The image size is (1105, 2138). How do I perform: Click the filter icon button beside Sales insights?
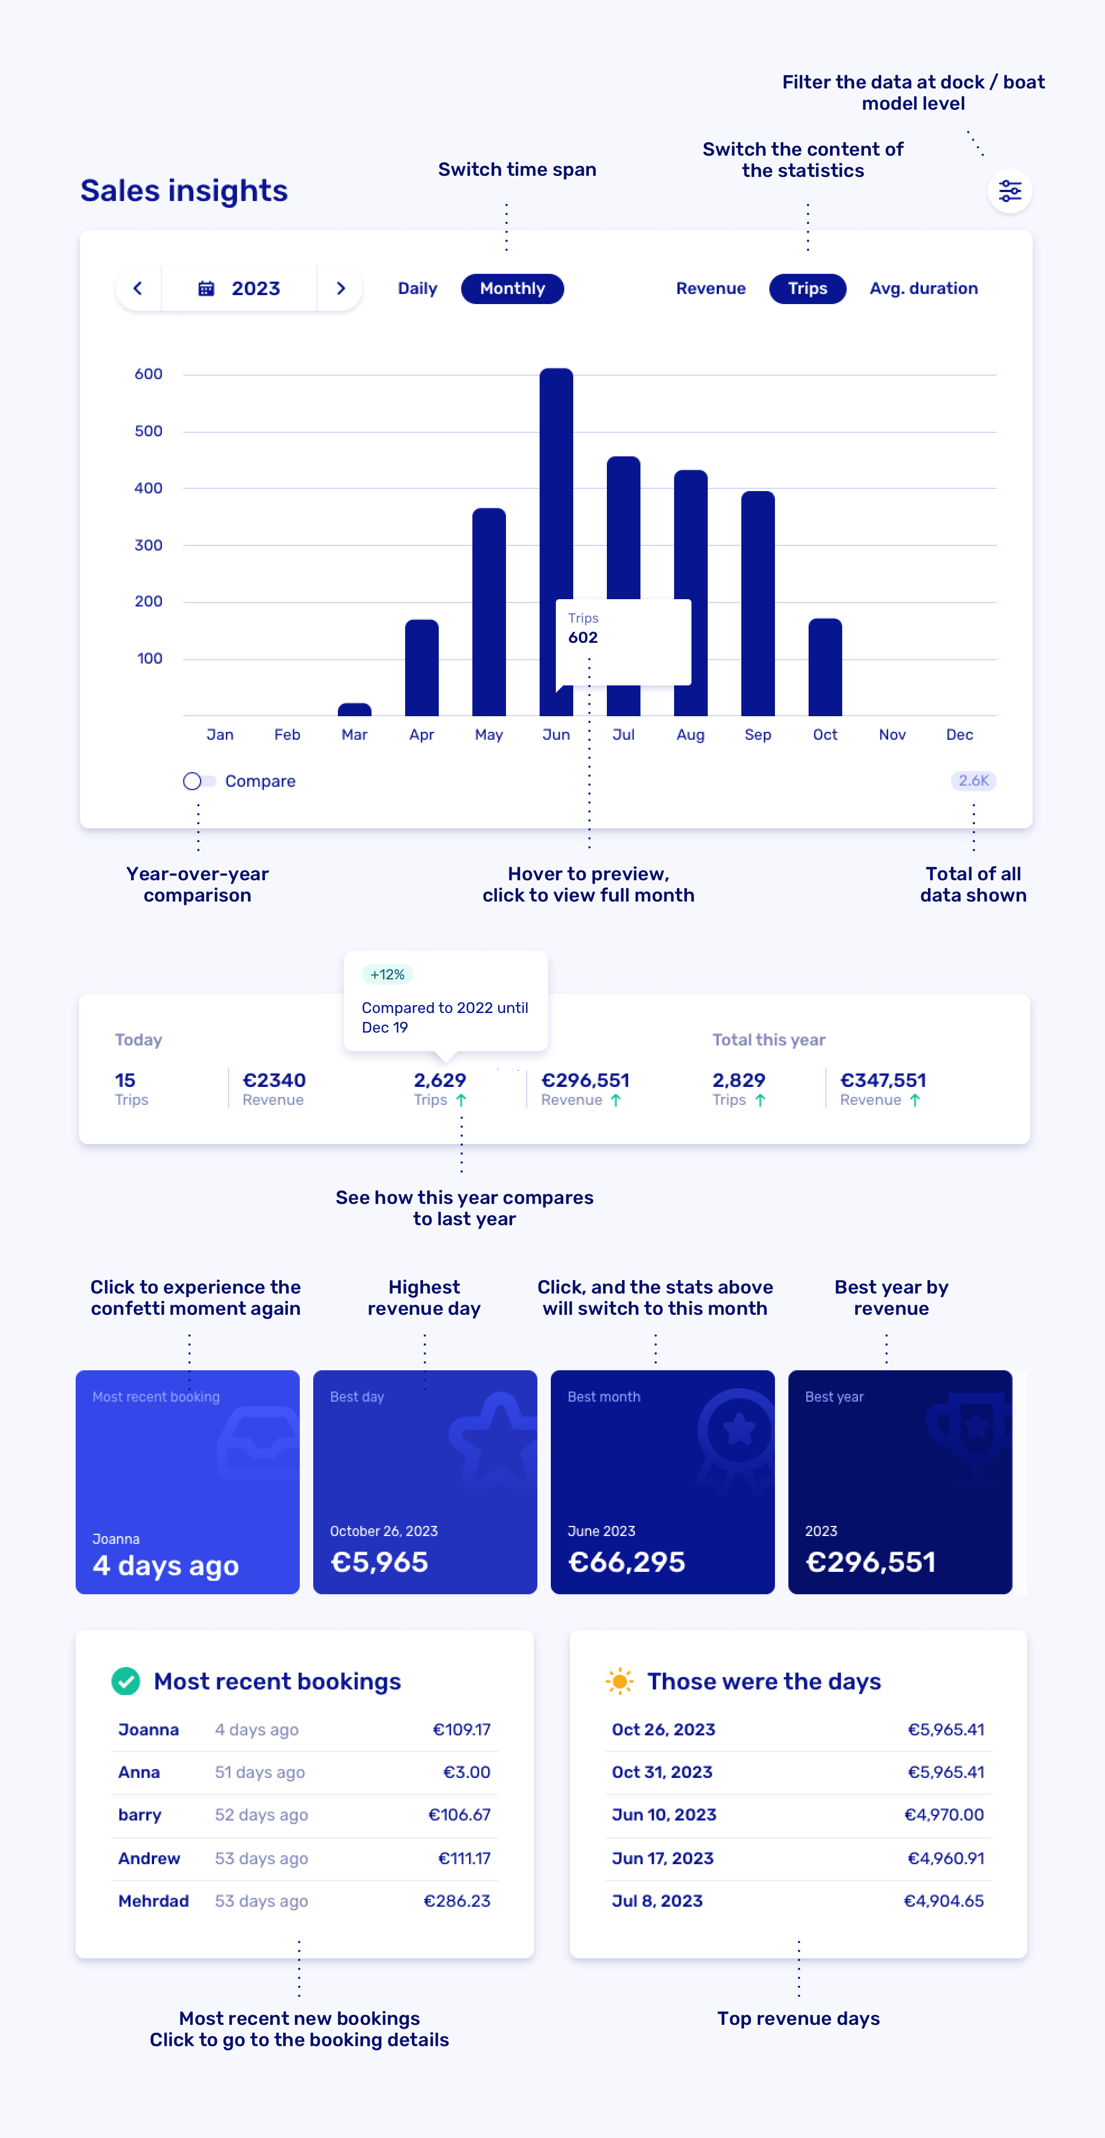1010,192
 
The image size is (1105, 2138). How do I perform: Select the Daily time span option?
417,289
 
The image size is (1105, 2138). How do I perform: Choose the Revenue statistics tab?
710,289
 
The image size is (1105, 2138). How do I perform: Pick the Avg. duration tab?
923,289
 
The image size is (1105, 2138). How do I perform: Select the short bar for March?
355,709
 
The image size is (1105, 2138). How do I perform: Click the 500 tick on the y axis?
148,431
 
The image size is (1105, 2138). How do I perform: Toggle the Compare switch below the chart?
198,781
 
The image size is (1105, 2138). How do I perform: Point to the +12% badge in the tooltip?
388,974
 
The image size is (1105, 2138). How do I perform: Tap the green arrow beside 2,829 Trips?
760,1100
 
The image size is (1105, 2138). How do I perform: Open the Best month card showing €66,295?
662,1482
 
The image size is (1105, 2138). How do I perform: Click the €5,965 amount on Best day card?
379,1562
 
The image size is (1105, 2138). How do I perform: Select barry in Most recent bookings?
140,1815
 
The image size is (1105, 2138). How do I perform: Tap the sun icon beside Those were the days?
619,1682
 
